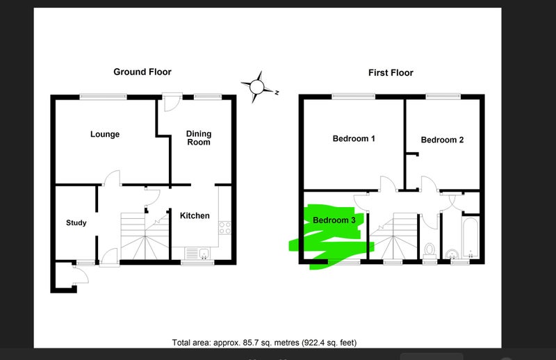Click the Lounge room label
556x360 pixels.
click(x=105, y=134)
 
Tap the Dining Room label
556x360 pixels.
click(x=199, y=138)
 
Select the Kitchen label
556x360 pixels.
click(x=195, y=215)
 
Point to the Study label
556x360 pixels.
click(x=76, y=222)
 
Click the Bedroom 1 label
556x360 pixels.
click(x=354, y=139)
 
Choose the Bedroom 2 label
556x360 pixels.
click(x=442, y=140)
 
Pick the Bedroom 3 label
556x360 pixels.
click(x=334, y=220)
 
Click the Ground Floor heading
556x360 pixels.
click(x=142, y=72)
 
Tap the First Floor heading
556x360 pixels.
click(x=391, y=73)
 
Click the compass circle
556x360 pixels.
click(x=256, y=87)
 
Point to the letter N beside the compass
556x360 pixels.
click(x=277, y=92)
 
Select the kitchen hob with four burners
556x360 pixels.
click(x=224, y=228)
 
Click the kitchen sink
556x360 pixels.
click(x=204, y=253)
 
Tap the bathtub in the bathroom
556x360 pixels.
click(x=471, y=238)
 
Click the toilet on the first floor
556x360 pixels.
click(x=430, y=251)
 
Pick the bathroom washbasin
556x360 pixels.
click(x=452, y=254)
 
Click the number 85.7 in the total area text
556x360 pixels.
click(x=250, y=343)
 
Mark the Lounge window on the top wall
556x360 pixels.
click(x=103, y=97)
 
